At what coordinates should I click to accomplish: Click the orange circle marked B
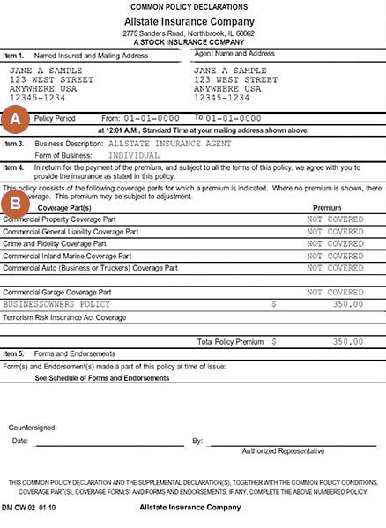[x=15, y=200]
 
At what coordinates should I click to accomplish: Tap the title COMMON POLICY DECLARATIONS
[x=193, y=7]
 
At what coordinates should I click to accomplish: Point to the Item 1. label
[x=14, y=55]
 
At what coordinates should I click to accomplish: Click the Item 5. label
[x=14, y=353]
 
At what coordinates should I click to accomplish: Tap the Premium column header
[x=327, y=207]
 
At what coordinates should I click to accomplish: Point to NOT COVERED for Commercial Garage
[x=334, y=291]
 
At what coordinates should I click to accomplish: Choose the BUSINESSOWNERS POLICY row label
[x=58, y=303]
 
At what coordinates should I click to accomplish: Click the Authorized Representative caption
[x=283, y=450]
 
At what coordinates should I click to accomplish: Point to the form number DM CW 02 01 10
[x=31, y=508]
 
